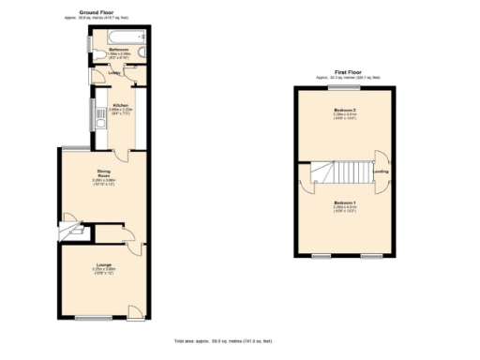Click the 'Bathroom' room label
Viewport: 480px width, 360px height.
(x=117, y=49)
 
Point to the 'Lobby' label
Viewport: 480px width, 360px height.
(x=114, y=72)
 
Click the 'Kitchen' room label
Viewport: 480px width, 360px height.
(x=120, y=104)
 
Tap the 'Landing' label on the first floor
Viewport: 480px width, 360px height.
(x=382, y=172)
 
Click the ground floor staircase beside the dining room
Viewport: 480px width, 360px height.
(x=71, y=228)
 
